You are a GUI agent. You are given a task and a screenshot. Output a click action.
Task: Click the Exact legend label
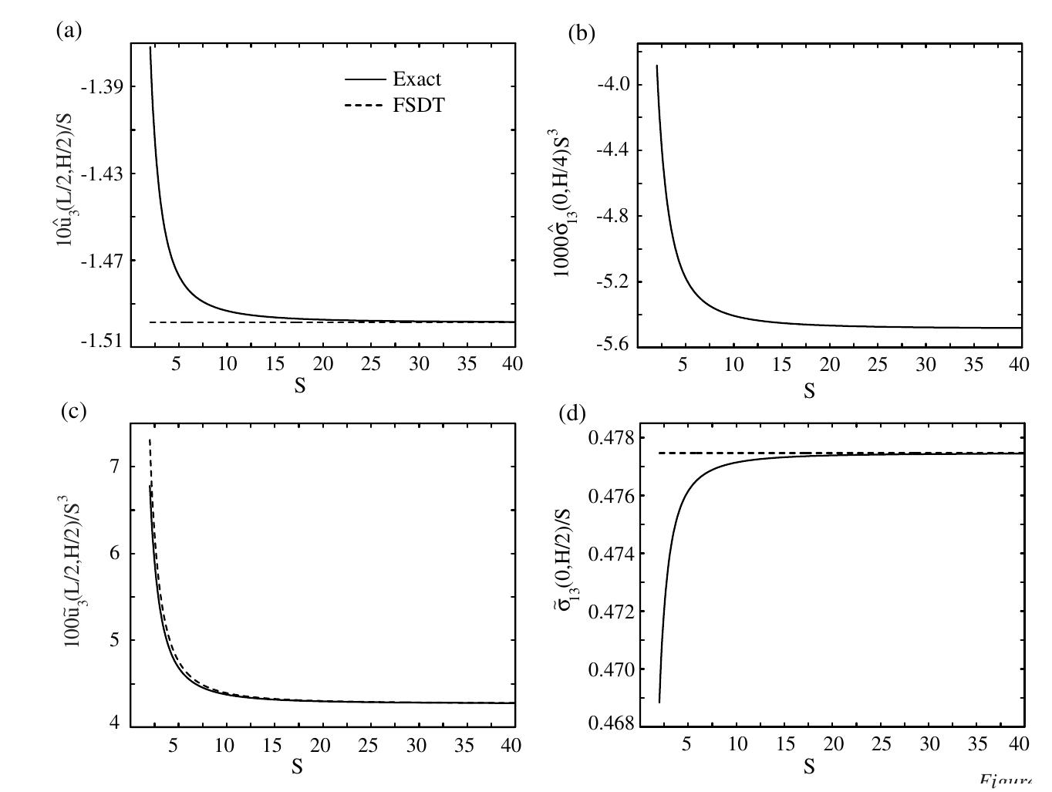(416, 79)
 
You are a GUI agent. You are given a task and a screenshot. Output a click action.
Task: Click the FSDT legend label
(419, 106)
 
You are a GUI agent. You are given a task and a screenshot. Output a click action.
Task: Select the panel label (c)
(74, 411)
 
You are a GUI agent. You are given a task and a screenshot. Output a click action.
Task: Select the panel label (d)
(572, 414)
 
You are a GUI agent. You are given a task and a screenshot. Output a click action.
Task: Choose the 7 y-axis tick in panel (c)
(115, 466)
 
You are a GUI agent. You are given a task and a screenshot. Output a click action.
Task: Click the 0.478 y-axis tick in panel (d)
(609, 438)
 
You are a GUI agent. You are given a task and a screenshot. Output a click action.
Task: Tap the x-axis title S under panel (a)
(299, 386)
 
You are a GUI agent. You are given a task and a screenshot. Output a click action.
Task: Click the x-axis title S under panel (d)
(809, 767)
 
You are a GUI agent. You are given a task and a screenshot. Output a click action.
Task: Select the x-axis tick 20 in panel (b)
(829, 364)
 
